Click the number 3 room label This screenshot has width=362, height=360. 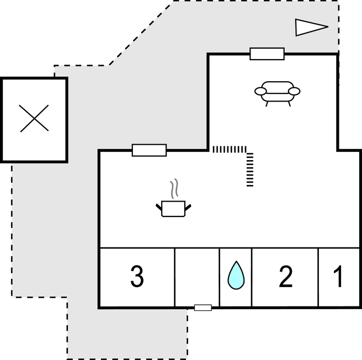137,277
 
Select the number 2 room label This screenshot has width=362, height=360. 285,277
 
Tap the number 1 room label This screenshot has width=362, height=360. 338,277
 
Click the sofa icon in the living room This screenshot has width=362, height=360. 277,92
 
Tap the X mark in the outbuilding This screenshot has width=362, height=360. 34,118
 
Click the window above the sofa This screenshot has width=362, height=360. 267,54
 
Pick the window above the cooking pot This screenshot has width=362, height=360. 149,150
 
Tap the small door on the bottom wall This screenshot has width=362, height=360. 203,307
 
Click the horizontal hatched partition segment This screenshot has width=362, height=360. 230,149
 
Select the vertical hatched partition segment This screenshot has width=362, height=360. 249,170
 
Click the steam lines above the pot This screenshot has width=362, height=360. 174,189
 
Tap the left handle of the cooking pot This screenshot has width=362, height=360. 159,207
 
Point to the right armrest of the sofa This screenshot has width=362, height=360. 294,91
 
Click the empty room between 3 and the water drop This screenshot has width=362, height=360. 197,277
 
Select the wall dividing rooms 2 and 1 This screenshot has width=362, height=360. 318,277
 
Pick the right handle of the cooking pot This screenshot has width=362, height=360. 188,207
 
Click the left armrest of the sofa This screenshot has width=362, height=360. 260,91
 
